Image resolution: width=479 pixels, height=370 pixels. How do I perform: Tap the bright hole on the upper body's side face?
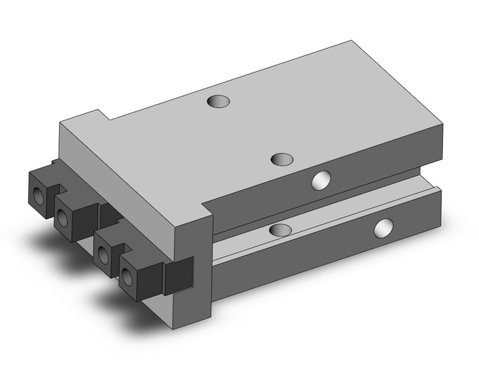tap(321, 180)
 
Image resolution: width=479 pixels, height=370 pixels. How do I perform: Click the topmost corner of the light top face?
tap(351, 42)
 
